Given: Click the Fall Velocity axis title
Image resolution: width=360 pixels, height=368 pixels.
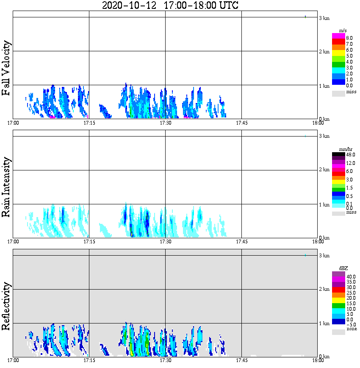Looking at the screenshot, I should pos(7,68).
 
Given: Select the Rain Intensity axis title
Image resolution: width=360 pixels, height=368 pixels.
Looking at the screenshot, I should pos(7,187).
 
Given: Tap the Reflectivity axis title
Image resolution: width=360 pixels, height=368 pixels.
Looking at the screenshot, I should pos(7,306).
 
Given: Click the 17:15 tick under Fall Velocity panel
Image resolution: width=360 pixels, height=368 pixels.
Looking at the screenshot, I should pos(89,123).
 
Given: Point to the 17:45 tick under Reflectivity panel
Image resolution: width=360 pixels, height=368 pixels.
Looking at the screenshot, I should pos(241,361).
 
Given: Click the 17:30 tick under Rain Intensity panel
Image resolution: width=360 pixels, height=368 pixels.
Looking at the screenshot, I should pos(165,242).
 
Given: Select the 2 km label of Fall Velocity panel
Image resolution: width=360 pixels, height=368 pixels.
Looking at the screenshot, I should pos(324,52).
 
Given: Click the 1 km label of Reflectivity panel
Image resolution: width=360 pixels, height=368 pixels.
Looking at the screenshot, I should pos(324,324).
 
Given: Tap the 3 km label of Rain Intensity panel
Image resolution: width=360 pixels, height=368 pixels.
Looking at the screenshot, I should pos(324,136).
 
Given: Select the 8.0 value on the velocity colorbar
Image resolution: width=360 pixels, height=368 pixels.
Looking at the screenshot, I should pos(349,38).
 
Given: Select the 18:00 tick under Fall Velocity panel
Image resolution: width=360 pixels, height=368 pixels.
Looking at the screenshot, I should pos(318,123).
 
